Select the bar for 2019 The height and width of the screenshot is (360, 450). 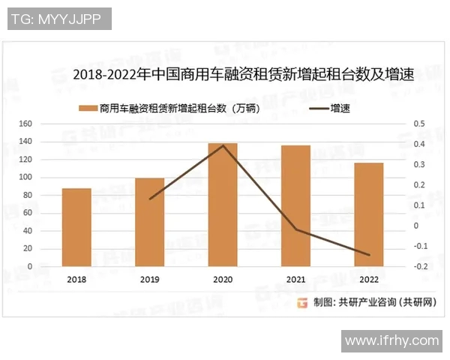point(149,222)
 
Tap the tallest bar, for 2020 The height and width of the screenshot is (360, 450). point(223,204)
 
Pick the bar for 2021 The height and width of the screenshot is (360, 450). point(295,205)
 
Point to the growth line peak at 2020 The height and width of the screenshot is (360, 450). point(223,145)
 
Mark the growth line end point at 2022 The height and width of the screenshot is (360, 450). point(369,255)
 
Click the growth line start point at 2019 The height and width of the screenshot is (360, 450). point(150,199)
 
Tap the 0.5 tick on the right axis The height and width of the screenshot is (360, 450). point(419,124)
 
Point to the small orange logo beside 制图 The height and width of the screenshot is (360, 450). point(301,303)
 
